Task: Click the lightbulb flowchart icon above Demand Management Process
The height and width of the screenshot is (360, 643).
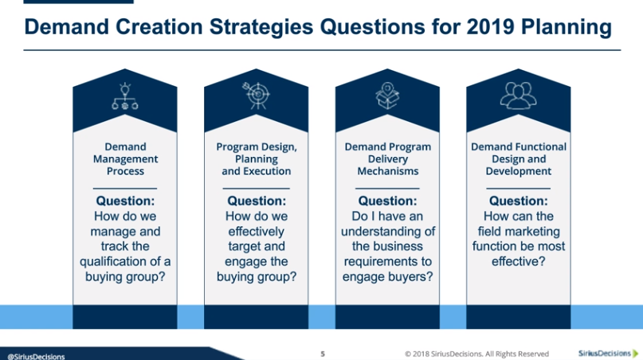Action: coord(125,96)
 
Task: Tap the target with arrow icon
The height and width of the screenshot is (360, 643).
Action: coord(257,96)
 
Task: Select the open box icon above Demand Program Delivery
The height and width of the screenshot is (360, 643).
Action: coord(387,96)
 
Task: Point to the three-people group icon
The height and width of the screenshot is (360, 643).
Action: coord(519,96)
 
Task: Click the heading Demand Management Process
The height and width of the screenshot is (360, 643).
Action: coord(125,158)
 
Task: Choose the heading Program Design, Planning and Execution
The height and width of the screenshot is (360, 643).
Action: coord(257,158)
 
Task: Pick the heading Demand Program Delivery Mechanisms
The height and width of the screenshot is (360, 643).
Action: coord(387,158)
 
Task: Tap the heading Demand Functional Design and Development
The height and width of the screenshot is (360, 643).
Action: coord(519,158)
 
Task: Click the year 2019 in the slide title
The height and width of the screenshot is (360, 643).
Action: coord(490,27)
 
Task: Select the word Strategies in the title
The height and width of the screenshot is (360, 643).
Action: coord(261,28)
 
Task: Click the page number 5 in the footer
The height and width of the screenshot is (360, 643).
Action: coord(323,354)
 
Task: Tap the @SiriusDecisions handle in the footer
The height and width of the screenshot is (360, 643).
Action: coord(36,357)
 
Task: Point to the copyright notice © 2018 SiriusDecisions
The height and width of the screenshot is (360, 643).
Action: coord(476,354)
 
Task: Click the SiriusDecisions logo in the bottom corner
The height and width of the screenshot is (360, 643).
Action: coord(609,353)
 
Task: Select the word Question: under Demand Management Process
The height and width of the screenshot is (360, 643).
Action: coord(125,201)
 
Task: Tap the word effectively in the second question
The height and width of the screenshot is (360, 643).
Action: coord(257,232)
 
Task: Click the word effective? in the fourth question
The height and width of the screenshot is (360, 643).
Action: coord(519,261)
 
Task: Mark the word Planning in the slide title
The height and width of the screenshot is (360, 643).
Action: coord(567,28)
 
